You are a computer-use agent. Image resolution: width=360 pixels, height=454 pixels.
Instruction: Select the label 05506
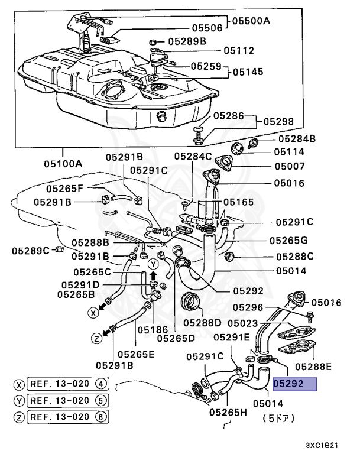tap(206, 28)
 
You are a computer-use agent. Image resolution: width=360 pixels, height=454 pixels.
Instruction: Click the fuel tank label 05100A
tap(62, 164)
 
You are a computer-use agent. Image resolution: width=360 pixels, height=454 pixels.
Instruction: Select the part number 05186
tap(154, 330)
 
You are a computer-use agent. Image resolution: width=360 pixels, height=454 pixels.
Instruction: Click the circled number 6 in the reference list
tap(103, 416)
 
